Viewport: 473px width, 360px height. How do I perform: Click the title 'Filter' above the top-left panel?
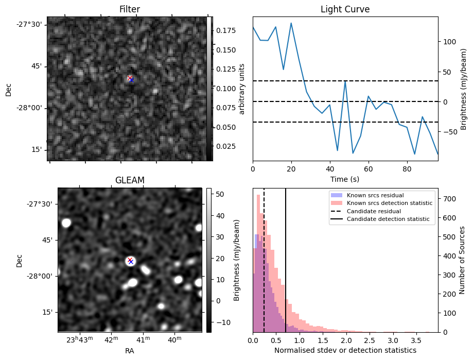click(129, 9)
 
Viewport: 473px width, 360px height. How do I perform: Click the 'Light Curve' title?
click(345, 9)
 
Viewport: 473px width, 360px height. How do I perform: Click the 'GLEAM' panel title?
click(129, 180)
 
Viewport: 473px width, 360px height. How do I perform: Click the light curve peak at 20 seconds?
click(291, 23)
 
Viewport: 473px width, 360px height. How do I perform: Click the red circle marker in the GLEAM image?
click(130, 261)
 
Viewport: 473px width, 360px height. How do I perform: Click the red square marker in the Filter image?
click(130, 78)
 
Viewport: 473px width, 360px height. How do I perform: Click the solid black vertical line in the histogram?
click(286, 258)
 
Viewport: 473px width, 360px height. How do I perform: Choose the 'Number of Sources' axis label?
click(462, 260)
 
